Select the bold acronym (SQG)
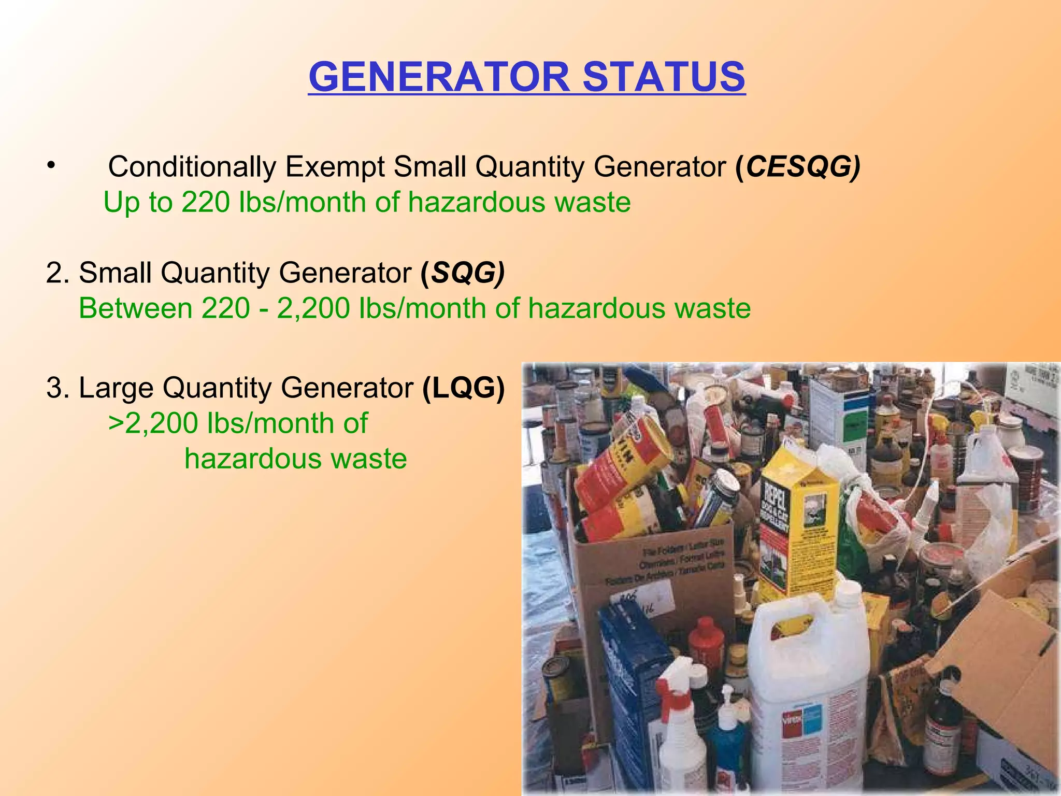click(463, 273)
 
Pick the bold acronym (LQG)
click(463, 388)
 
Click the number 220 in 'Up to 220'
click(205, 202)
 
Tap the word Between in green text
click(136, 308)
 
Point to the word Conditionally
click(192, 167)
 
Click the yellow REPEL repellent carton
click(793, 523)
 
